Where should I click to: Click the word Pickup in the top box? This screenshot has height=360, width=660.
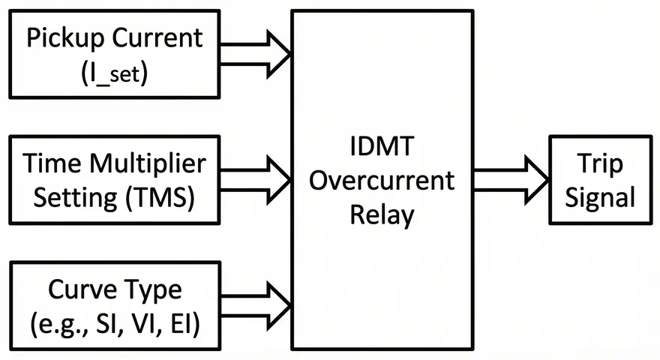pyautogui.click(x=64, y=39)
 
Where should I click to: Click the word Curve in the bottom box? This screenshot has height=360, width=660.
pyautogui.click(x=77, y=290)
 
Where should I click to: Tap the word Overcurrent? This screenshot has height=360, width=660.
pyautogui.click(x=382, y=181)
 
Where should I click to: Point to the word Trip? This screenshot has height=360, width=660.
pyautogui.click(x=601, y=164)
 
